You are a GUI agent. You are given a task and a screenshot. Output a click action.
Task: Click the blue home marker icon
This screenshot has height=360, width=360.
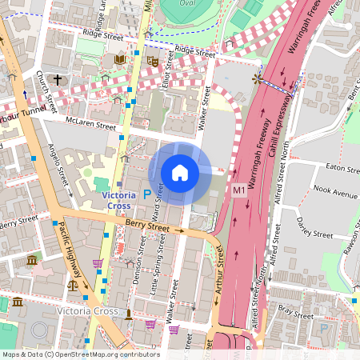click(180, 173)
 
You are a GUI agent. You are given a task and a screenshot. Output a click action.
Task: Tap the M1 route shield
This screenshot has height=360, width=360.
click(240, 190)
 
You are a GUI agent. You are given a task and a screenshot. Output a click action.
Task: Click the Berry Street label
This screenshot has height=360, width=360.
click(149, 227)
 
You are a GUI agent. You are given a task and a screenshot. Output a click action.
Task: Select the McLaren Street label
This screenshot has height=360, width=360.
click(86, 122)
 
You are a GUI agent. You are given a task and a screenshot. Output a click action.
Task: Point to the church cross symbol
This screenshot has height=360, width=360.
click(58, 79)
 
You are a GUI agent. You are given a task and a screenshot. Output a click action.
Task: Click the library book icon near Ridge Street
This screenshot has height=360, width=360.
click(120, 59)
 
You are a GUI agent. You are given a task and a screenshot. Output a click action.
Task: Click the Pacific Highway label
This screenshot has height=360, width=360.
click(69, 256)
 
